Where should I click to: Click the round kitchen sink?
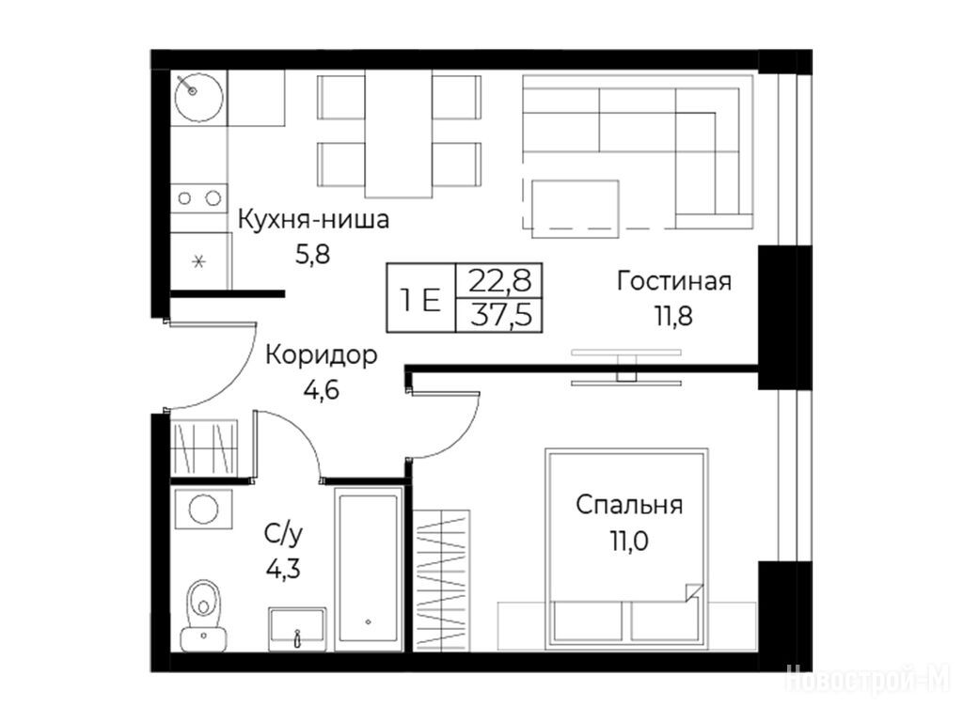click(198, 97)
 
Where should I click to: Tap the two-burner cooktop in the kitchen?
click(199, 198)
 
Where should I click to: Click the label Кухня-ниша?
click(313, 219)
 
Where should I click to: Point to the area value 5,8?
click(312, 254)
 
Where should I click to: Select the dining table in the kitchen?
click(399, 133)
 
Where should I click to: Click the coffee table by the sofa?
click(575, 209)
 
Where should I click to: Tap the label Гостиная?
click(674, 281)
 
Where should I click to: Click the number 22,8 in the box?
click(500, 280)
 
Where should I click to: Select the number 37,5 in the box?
click(501, 316)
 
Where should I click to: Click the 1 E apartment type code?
click(420, 301)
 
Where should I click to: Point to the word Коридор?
click(322, 354)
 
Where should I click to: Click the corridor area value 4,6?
click(322, 390)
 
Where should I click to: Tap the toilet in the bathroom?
click(203, 615)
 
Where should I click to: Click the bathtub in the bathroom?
click(369, 567)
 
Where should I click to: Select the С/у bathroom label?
click(283, 535)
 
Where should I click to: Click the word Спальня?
click(629, 505)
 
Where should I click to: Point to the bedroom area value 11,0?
click(629, 541)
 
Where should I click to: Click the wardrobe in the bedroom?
click(441, 580)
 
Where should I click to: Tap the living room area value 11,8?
click(673, 317)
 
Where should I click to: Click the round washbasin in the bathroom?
click(203, 509)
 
